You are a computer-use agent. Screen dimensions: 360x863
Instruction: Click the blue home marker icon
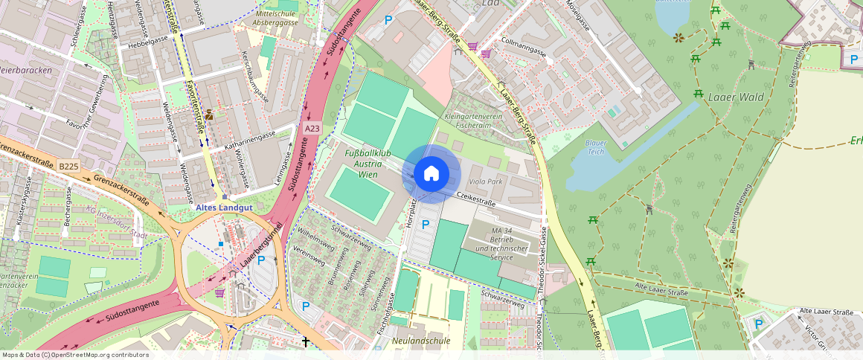[431, 173]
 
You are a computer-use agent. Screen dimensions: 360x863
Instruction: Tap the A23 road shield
[312, 129]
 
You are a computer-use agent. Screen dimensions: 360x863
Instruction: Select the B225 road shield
[69, 167]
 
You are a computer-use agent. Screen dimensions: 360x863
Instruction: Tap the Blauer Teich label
[596, 147]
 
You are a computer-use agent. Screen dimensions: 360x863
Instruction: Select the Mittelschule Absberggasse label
[276, 18]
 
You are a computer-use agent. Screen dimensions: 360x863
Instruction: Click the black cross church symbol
[305, 341]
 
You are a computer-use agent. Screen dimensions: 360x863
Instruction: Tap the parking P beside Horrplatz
[426, 224]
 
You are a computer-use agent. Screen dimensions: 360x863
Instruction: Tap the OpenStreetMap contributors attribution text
[75, 355]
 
